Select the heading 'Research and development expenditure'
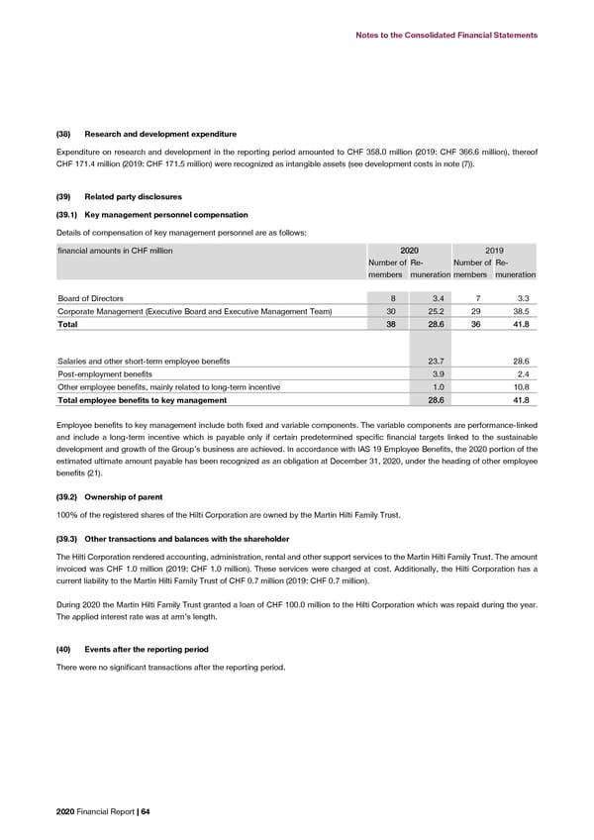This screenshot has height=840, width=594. [x=160, y=134]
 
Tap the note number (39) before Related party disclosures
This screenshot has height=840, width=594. [x=66, y=197]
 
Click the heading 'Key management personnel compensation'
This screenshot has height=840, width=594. [x=166, y=215]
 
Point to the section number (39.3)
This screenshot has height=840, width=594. [x=69, y=539]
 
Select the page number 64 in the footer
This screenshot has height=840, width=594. [x=145, y=812]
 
